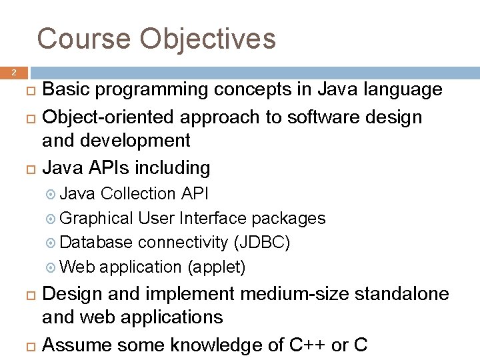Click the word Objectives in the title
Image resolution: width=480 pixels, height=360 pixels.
tap(207, 39)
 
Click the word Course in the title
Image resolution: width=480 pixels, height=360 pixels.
tap(83, 39)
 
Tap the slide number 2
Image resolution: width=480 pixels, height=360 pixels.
tap(13, 72)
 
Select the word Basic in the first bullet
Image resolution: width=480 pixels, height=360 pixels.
tap(67, 90)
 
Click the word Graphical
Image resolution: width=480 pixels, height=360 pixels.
tap(97, 219)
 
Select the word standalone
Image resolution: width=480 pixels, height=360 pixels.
tap(408, 294)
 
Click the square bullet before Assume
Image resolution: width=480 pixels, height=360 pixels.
tap(30, 346)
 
